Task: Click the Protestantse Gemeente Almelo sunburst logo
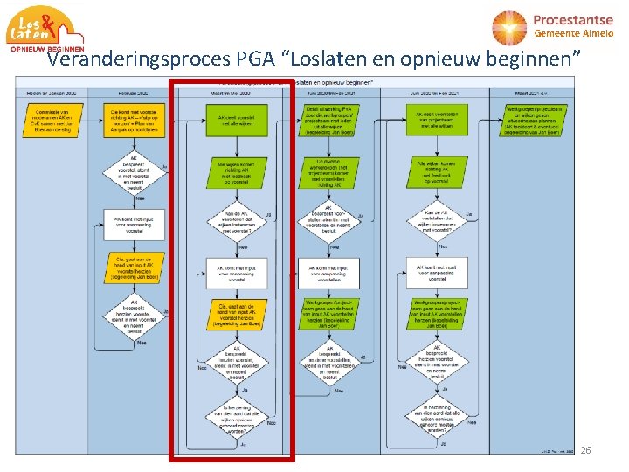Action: [510, 27]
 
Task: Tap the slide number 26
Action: [585, 450]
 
